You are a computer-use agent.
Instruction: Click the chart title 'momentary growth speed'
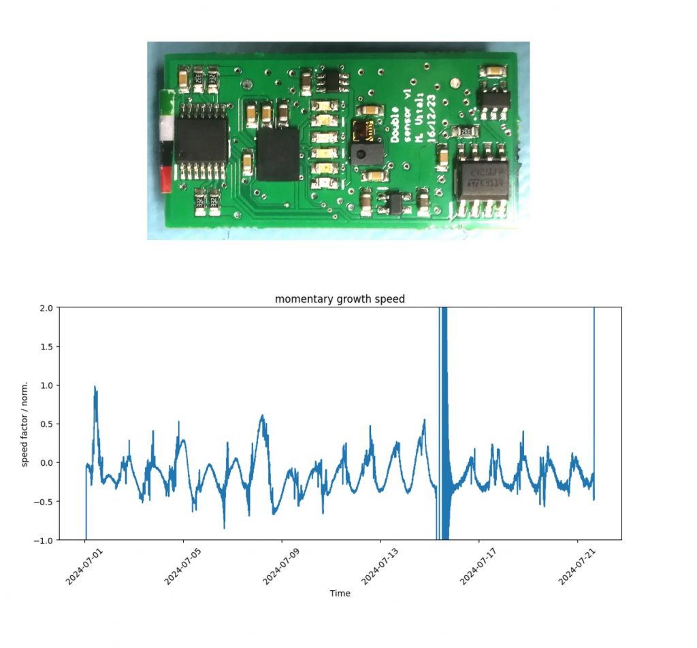click(x=340, y=299)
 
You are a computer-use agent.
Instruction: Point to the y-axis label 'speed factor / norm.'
click(x=25, y=423)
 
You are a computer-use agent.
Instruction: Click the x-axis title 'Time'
click(x=340, y=594)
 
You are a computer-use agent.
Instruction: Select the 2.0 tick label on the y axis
click(x=45, y=308)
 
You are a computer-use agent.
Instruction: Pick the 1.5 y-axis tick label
click(x=45, y=347)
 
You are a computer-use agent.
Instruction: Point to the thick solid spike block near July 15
click(x=444, y=422)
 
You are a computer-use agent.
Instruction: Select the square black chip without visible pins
click(x=278, y=153)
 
